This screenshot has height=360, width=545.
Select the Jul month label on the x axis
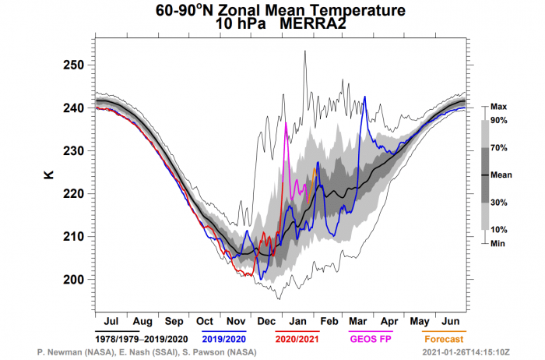[111, 321]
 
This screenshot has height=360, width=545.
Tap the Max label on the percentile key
[499, 106]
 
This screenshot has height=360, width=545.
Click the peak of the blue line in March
[364, 97]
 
